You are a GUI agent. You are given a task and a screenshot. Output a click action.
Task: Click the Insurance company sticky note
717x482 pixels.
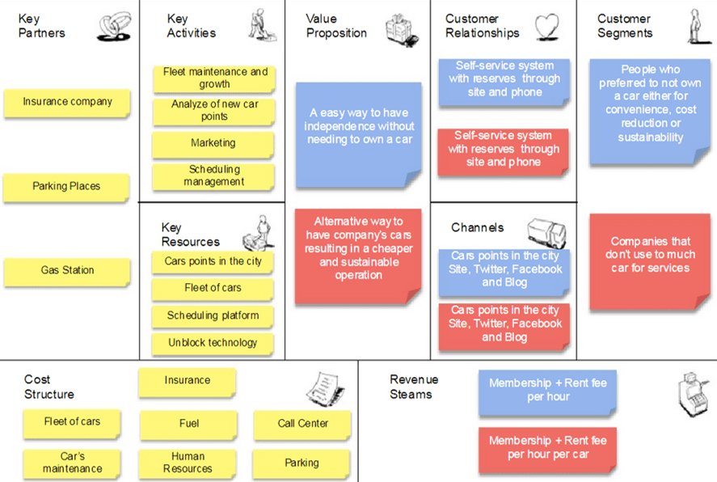point(67,103)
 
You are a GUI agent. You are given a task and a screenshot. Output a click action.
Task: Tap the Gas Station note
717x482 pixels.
point(67,272)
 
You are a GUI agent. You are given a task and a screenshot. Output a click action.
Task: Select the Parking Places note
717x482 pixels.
point(66,187)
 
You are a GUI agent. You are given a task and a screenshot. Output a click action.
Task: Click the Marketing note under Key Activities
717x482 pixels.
point(213,144)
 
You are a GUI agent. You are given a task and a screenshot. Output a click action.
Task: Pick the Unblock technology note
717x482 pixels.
point(213,344)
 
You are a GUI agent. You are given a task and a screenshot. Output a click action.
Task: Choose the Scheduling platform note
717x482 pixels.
point(213,316)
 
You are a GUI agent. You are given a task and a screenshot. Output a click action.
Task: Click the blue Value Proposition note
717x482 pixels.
point(359,134)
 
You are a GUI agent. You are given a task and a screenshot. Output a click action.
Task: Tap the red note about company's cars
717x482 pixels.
point(358,256)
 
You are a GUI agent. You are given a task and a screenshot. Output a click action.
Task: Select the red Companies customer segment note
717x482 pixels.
point(650,262)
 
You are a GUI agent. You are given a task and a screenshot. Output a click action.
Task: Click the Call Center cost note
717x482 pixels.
point(302,425)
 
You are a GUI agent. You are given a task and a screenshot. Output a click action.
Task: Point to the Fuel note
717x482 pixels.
point(189,425)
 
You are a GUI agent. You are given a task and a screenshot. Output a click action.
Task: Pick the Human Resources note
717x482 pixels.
point(188,463)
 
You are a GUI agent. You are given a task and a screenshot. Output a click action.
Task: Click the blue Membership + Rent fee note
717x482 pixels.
point(548,392)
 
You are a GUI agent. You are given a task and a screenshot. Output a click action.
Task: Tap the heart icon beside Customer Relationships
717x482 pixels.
point(547,27)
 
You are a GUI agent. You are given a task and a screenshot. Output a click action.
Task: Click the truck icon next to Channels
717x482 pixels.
point(547,233)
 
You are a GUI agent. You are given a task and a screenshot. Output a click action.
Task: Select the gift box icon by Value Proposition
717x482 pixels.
point(401,30)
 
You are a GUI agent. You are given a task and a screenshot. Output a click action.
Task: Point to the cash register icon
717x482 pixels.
point(694,394)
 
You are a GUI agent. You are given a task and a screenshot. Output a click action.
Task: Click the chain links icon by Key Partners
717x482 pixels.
point(114,27)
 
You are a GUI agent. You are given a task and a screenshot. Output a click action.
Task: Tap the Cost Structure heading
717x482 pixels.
point(49,387)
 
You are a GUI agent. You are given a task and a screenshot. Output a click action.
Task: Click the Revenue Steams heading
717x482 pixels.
point(414,387)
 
